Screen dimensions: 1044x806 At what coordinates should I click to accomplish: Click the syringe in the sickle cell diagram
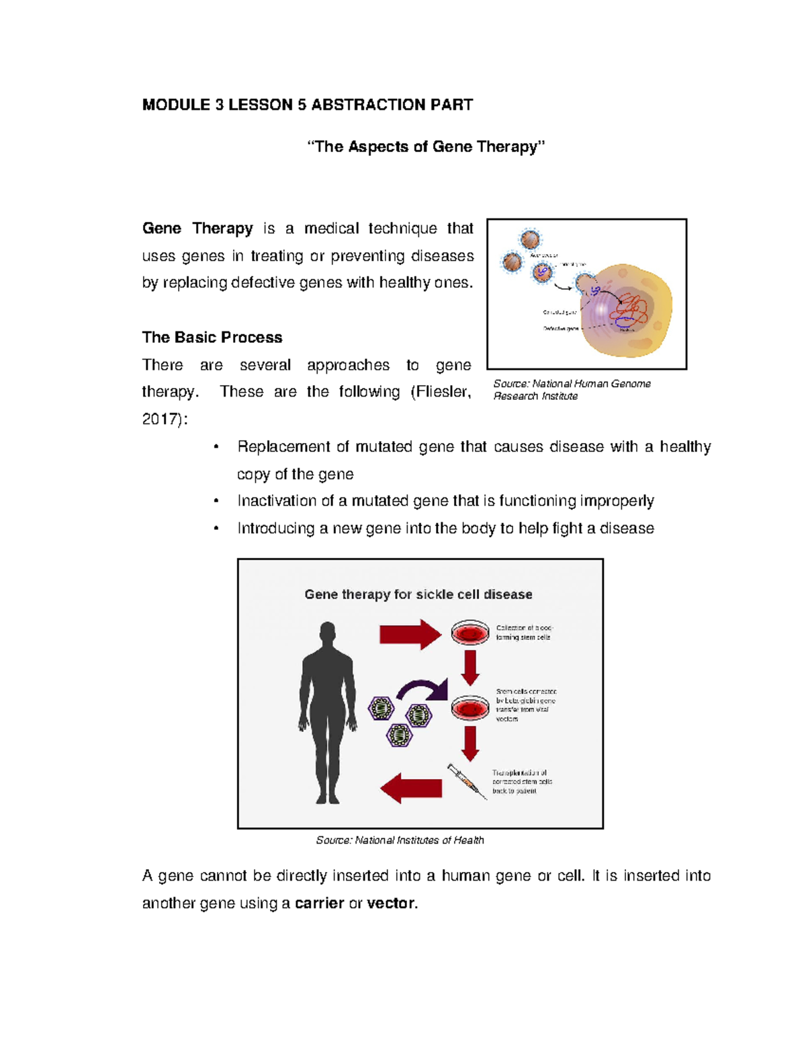coord(467,781)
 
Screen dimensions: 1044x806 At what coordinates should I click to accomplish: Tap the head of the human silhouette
coord(327,633)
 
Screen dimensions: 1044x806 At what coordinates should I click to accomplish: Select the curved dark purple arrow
coord(422,691)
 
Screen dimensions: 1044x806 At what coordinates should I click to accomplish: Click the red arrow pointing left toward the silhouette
coord(411,788)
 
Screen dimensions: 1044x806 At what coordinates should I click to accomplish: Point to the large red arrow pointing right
coord(410,634)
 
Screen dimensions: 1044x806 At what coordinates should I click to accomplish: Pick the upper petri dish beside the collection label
coord(470,633)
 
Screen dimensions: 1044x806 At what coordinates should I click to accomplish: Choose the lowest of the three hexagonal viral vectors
coord(399,735)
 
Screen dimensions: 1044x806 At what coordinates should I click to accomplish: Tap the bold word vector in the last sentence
coord(392,904)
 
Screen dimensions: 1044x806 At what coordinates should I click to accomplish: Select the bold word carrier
coord(320,904)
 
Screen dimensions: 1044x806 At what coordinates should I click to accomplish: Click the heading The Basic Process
coord(212,337)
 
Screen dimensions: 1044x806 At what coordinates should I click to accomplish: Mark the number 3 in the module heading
coord(219,105)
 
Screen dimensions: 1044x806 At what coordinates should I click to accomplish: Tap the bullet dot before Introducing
coord(216,528)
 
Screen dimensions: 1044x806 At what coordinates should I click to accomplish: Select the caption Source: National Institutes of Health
coord(400,840)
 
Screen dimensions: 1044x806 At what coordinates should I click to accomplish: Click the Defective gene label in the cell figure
coord(561,329)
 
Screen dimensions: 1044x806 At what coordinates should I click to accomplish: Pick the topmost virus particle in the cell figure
coord(531,239)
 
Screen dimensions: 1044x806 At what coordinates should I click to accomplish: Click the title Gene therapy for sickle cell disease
coord(418,594)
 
